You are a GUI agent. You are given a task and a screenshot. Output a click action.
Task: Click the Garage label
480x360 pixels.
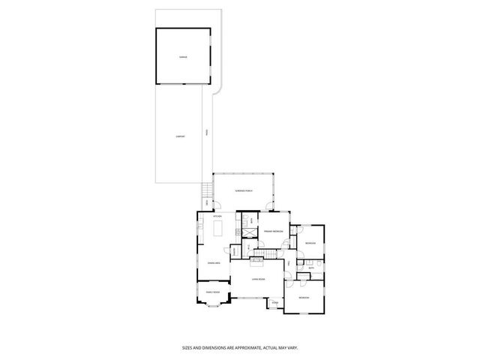pos(182,57)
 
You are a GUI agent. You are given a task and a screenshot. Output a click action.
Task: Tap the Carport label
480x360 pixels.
pos(180,136)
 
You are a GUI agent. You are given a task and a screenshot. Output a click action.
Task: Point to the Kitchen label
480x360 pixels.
pos(217,217)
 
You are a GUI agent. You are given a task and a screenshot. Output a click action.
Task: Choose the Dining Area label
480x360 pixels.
pos(214,263)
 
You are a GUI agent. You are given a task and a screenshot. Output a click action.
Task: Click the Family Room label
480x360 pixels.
pos(212,292)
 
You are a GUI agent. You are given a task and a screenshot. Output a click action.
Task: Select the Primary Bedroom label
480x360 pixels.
pos(271,232)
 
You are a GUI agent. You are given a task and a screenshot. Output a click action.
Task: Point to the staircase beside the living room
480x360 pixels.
pos(258,260)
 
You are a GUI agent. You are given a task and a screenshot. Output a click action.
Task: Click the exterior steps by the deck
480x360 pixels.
pos(208,190)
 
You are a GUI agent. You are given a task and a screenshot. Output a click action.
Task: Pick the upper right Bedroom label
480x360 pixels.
pos(310,244)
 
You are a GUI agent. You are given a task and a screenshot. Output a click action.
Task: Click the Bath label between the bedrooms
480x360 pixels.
pos(310,266)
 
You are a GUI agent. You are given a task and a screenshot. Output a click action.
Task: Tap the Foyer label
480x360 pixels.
pos(275,302)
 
